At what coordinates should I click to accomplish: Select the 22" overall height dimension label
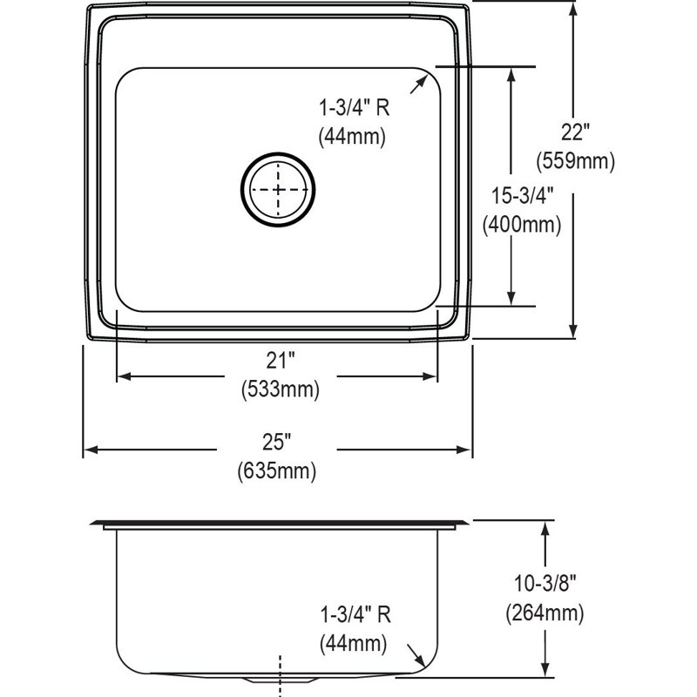(x=575, y=132)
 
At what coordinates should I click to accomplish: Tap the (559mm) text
(x=575, y=161)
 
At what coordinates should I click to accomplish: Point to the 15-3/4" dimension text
(x=522, y=195)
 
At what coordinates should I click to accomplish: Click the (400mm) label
(x=522, y=225)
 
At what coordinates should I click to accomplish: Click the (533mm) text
(x=281, y=389)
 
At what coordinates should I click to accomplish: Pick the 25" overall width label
(x=276, y=442)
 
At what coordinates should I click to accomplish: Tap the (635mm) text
(x=276, y=470)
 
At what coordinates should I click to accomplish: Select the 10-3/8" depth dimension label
(x=545, y=583)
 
